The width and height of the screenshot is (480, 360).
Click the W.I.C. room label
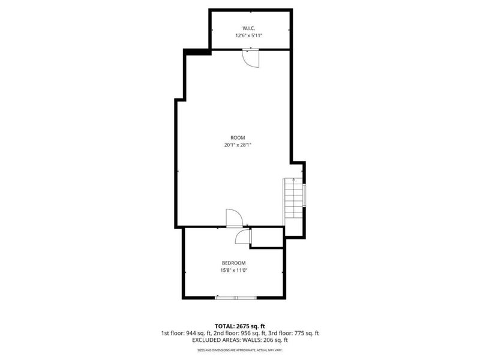click(x=250, y=28)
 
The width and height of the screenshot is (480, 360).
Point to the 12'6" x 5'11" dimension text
click(x=250, y=36)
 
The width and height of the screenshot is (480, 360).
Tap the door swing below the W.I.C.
click(x=250, y=58)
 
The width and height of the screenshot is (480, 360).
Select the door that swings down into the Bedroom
click(x=242, y=237)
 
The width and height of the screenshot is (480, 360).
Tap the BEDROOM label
click(x=233, y=263)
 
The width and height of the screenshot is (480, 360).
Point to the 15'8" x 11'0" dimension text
click(x=233, y=271)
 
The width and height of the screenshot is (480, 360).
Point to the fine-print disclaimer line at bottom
click(x=239, y=350)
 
